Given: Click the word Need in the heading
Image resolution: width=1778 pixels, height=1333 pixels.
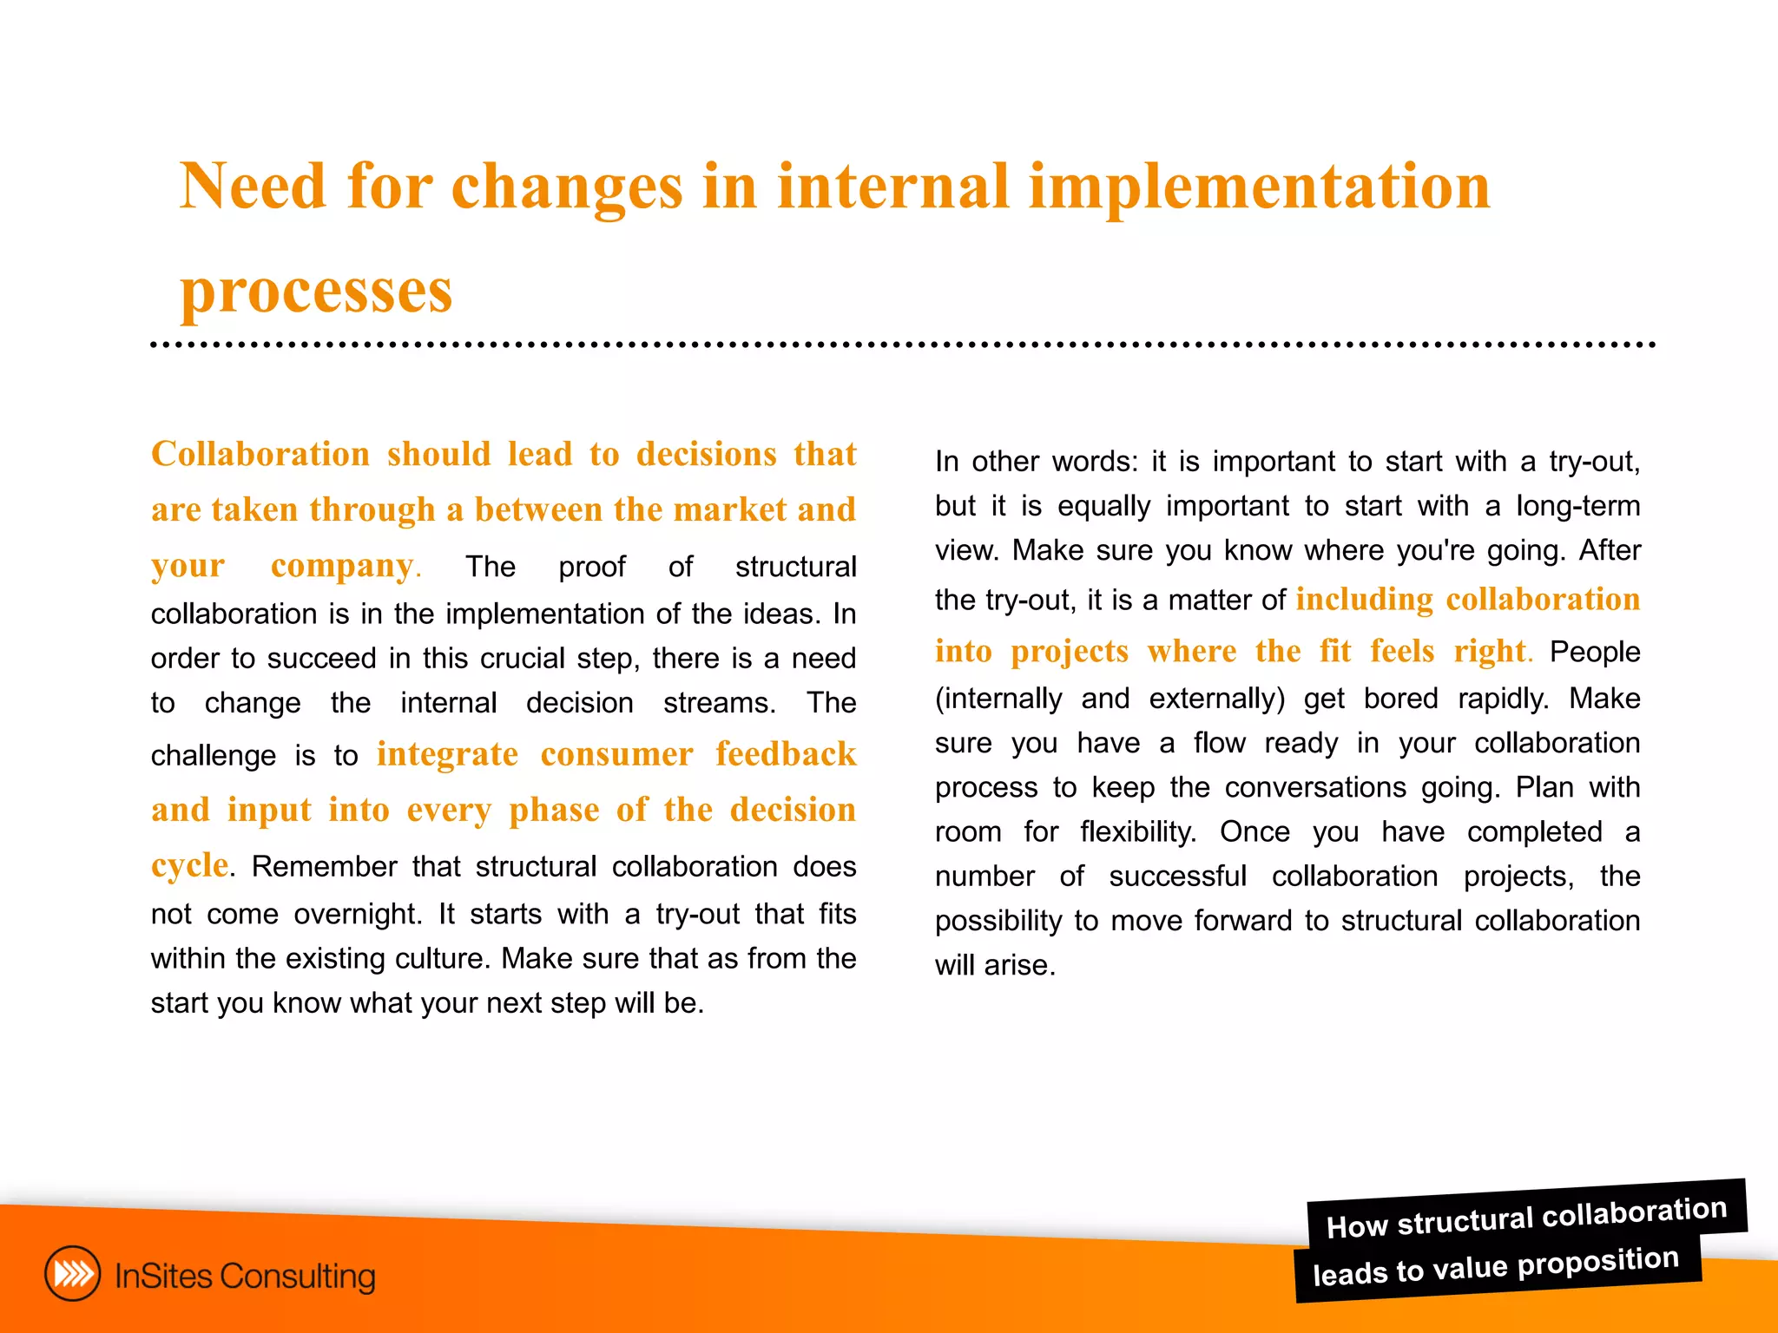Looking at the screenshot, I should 253,187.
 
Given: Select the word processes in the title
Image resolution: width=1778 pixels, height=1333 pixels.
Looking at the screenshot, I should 316,291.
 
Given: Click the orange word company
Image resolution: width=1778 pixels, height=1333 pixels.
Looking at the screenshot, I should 342,565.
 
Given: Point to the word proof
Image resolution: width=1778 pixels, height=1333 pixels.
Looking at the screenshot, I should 591,567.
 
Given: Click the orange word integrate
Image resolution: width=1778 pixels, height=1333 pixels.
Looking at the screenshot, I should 447,754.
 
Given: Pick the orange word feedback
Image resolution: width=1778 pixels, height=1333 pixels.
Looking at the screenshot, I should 786,754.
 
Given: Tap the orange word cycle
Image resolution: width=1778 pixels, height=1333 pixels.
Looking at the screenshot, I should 189,865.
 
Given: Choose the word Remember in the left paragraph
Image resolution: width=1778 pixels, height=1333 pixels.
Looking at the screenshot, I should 325,866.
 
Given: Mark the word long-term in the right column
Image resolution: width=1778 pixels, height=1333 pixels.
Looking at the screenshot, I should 1577,506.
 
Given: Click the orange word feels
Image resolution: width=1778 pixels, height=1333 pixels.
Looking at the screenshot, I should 1402,651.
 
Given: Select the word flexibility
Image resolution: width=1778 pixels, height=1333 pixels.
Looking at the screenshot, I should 1137,832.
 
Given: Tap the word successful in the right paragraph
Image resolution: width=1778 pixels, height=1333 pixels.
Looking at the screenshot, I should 1177,877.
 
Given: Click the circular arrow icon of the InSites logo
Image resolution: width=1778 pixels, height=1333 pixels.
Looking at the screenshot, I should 73,1274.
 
